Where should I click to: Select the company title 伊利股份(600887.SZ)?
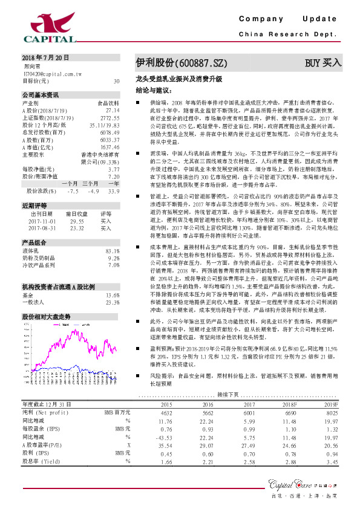click(182, 62)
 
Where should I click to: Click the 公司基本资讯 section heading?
click(41, 96)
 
